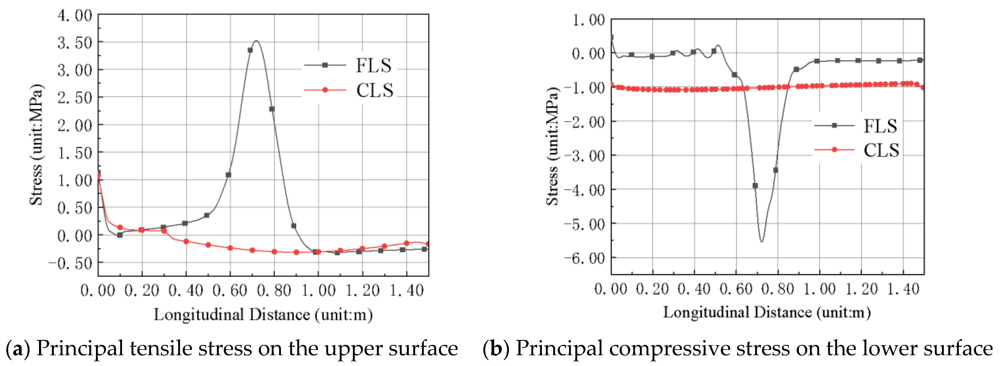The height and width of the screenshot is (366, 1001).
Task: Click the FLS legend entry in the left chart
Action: [x=373, y=65]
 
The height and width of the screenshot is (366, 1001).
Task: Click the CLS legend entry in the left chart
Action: [x=375, y=90]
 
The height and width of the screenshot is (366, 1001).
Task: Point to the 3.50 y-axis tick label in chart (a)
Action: [x=75, y=43]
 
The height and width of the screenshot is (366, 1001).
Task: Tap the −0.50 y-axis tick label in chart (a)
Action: [x=70, y=263]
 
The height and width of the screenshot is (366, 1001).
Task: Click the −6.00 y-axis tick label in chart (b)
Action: [x=585, y=258]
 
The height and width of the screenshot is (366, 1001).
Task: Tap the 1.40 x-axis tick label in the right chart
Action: [x=903, y=289]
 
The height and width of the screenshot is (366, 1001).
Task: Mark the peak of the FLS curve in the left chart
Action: [x=256, y=41]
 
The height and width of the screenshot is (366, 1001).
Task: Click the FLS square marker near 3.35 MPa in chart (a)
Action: [x=250, y=50]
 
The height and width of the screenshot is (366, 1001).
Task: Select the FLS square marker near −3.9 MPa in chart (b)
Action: [x=755, y=186]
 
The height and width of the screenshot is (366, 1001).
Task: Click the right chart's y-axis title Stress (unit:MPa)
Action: [x=552, y=146]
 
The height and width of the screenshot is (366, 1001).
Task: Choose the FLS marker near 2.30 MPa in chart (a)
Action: [x=272, y=109]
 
